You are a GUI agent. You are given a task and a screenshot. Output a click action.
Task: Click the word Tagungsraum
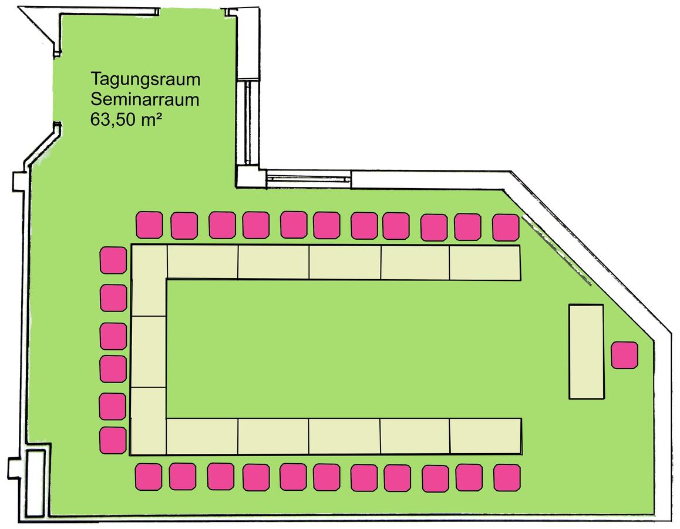click(x=145, y=80)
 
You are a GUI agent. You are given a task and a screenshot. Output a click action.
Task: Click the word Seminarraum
click(x=145, y=99)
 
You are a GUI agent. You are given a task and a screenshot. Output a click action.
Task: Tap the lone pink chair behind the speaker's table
click(x=624, y=355)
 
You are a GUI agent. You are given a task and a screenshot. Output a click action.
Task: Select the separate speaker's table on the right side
click(x=586, y=351)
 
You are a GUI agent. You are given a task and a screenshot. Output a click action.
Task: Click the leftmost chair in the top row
click(x=149, y=225)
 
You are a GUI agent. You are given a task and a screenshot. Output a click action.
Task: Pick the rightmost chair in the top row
click(x=506, y=227)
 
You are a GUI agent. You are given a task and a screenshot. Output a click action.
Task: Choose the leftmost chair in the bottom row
click(x=149, y=477)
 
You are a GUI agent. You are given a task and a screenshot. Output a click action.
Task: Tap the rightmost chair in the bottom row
click(x=507, y=478)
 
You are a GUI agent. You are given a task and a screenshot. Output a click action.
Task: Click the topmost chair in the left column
click(x=113, y=260)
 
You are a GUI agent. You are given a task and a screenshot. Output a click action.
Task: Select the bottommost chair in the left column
click(x=113, y=440)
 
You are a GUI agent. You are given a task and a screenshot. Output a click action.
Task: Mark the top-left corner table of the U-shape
click(x=149, y=280)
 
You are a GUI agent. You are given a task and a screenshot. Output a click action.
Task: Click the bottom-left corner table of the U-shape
click(x=149, y=421)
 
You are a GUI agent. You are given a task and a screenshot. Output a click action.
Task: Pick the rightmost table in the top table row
click(x=485, y=263)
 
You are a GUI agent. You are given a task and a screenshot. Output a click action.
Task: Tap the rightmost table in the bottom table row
click(x=486, y=436)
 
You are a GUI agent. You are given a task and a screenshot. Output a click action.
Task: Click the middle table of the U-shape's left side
click(x=149, y=351)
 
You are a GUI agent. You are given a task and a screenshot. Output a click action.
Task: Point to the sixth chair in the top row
click(x=326, y=225)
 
